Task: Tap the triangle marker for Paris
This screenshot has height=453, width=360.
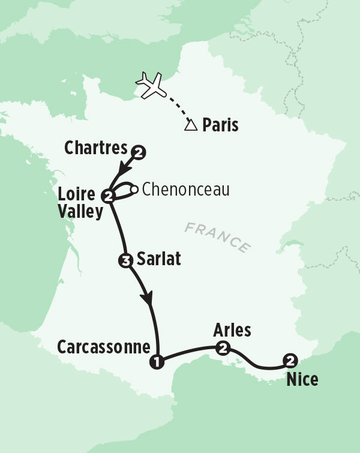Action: (191, 125)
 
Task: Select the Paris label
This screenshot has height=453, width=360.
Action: (220, 125)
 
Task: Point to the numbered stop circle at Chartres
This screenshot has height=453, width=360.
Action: (139, 152)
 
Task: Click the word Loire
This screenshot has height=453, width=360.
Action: (76, 194)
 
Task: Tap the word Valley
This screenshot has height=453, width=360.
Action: (80, 211)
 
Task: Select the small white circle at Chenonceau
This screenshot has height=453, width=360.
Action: (134, 190)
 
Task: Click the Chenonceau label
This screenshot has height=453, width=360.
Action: (186, 190)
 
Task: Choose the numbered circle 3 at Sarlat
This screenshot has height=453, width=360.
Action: (125, 260)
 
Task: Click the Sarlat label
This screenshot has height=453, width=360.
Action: (159, 260)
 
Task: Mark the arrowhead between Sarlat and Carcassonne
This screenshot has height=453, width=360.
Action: (147, 298)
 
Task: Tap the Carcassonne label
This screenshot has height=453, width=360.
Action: (103, 347)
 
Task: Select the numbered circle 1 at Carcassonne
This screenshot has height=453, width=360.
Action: (157, 362)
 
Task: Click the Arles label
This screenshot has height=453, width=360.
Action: (232, 331)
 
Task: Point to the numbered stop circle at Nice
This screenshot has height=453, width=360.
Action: (290, 361)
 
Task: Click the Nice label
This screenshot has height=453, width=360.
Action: (302, 379)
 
